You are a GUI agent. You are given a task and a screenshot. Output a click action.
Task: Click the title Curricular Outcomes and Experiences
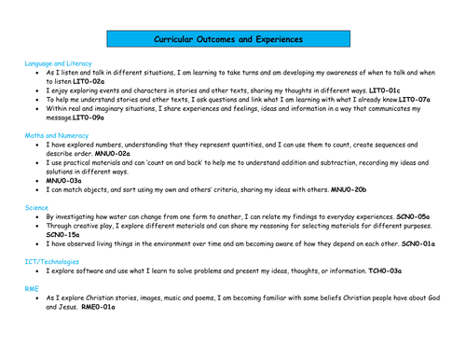tap(227, 40)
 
